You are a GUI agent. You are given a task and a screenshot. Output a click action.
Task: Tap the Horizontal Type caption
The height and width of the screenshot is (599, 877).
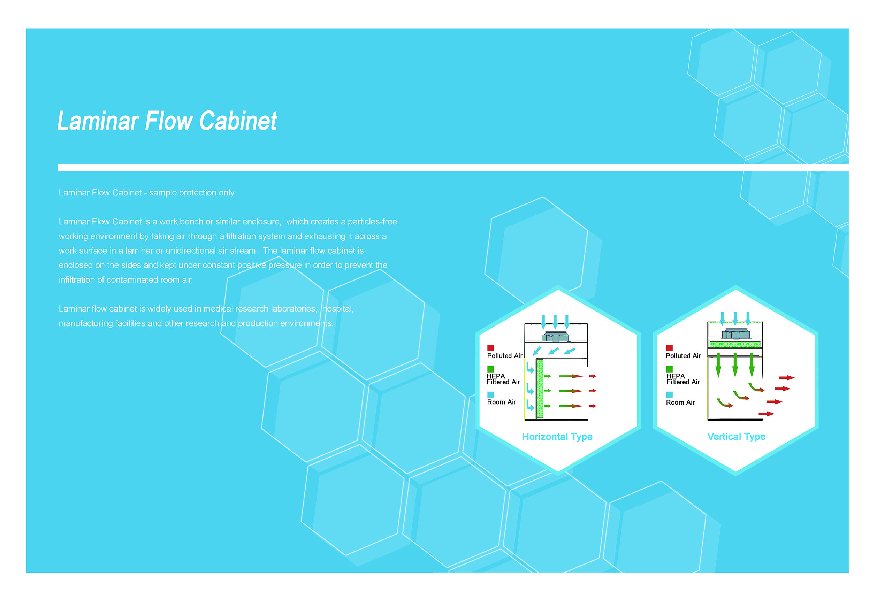557,437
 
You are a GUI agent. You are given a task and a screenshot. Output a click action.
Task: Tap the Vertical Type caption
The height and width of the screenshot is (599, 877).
736,437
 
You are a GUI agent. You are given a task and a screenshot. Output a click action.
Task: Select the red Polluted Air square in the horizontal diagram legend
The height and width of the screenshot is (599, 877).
490,348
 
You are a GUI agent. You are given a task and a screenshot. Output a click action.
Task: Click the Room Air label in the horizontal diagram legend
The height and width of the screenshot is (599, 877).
501,402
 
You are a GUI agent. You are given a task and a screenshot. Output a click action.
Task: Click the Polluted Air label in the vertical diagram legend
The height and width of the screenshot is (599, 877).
683,356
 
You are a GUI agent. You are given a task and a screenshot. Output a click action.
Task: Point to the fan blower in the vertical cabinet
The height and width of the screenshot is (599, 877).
735,333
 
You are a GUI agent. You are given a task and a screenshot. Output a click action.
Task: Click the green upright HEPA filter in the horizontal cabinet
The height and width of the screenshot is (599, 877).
540,389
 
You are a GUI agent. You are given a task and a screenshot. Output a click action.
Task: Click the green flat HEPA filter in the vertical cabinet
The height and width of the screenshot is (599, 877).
735,344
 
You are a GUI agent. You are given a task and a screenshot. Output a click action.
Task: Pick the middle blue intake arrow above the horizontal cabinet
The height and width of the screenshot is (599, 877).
555,322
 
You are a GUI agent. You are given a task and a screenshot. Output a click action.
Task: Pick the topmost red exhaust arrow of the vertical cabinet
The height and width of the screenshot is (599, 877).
786,378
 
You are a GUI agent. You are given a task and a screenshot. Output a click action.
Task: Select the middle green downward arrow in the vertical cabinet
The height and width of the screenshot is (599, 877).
735,365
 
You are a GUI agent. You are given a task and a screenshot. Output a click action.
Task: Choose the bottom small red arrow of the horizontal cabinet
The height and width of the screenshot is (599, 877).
593,406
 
